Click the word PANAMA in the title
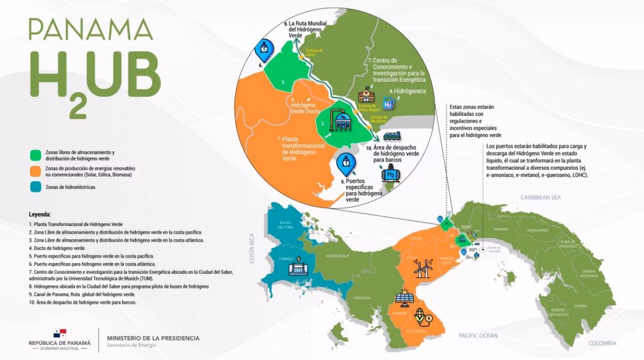click(91, 30)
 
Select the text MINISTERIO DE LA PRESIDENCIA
click(153, 338)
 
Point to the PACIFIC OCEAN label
click(479, 335)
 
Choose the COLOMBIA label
click(602, 342)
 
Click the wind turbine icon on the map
click(421, 269)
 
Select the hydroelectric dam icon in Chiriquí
click(296, 267)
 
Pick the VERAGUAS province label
click(362, 298)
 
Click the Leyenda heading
click(43, 214)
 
